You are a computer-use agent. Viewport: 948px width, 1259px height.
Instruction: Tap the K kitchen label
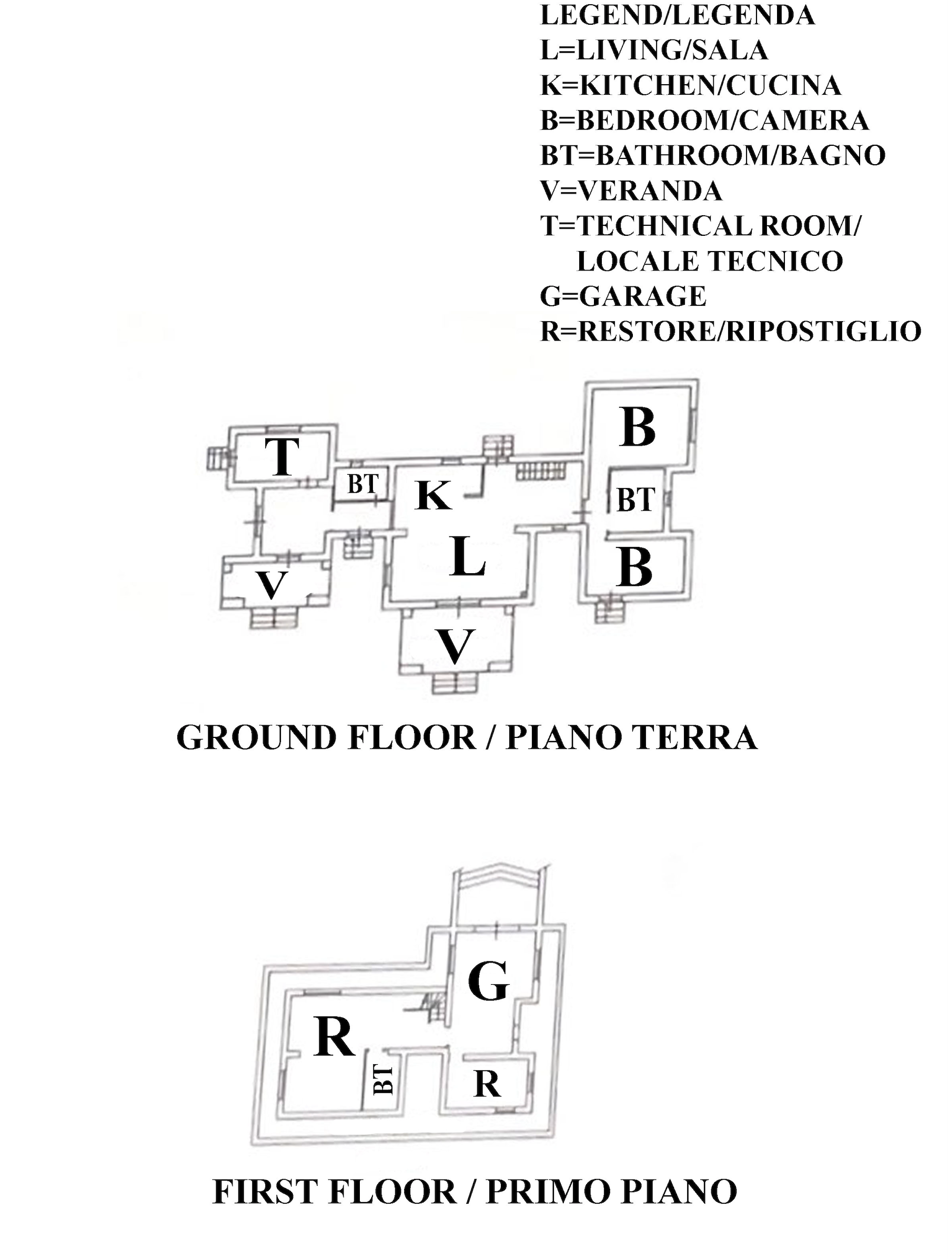(x=434, y=495)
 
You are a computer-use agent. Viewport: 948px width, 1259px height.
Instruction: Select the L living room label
(x=467, y=558)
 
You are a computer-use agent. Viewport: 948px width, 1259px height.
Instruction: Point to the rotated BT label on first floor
(x=384, y=1080)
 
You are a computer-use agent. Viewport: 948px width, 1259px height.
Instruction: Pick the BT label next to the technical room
(x=362, y=484)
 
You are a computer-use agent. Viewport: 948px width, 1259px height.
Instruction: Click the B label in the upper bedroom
(x=639, y=428)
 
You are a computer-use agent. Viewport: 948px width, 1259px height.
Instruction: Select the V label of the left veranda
(x=271, y=585)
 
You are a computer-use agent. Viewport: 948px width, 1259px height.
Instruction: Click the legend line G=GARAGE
(x=623, y=296)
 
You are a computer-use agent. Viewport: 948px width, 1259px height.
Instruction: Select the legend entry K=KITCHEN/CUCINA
(x=690, y=85)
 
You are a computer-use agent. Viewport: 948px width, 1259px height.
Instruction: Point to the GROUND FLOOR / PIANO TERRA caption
(x=467, y=737)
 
